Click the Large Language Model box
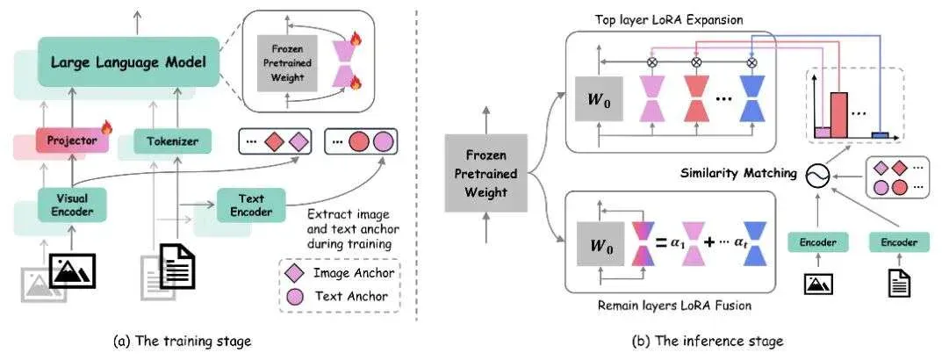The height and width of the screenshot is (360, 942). point(127,62)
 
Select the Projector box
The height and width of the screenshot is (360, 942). point(72,140)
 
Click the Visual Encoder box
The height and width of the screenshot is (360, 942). point(72,205)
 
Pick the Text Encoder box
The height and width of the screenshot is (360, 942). point(251,205)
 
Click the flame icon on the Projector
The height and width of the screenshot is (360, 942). point(107,127)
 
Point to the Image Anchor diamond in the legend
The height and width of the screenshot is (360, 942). point(298,273)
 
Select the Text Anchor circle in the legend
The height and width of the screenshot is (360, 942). point(298,296)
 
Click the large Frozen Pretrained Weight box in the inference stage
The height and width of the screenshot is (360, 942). point(486,173)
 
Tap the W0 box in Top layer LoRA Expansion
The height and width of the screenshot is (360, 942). point(599,98)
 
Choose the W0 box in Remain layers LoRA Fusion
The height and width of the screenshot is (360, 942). point(599,243)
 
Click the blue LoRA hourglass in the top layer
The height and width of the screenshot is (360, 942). point(751,98)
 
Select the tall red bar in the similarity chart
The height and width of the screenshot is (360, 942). point(839,115)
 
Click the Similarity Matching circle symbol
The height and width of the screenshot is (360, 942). point(819,174)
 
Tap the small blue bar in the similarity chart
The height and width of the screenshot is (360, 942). point(881,135)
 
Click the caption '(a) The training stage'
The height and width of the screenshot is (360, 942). point(182,342)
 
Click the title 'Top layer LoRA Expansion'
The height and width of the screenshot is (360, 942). point(669,20)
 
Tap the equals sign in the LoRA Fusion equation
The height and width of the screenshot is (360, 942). point(661,243)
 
